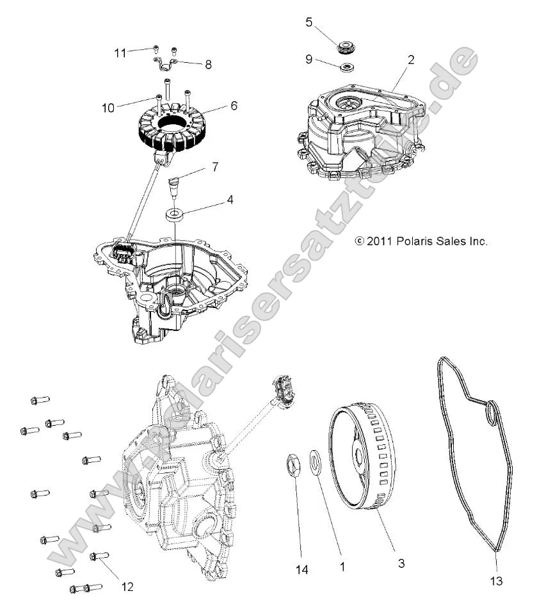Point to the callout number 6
click(234, 106)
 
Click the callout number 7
click(216, 167)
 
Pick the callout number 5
click(309, 22)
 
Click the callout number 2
click(410, 60)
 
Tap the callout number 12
click(127, 586)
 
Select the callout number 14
click(302, 569)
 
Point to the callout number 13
click(497, 581)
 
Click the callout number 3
click(401, 563)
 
